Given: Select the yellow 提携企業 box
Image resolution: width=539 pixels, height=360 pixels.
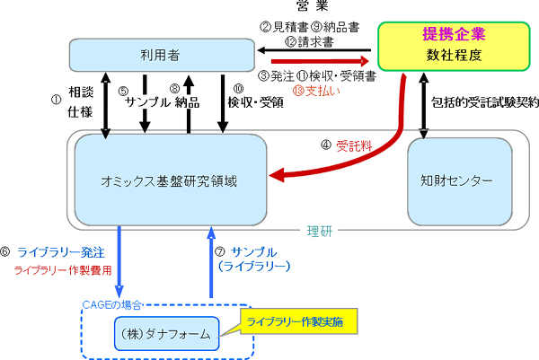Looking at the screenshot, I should [454, 46].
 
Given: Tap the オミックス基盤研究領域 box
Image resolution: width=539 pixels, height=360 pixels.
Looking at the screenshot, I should [171, 180].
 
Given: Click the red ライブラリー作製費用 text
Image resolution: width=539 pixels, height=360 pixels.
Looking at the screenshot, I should [63, 270].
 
